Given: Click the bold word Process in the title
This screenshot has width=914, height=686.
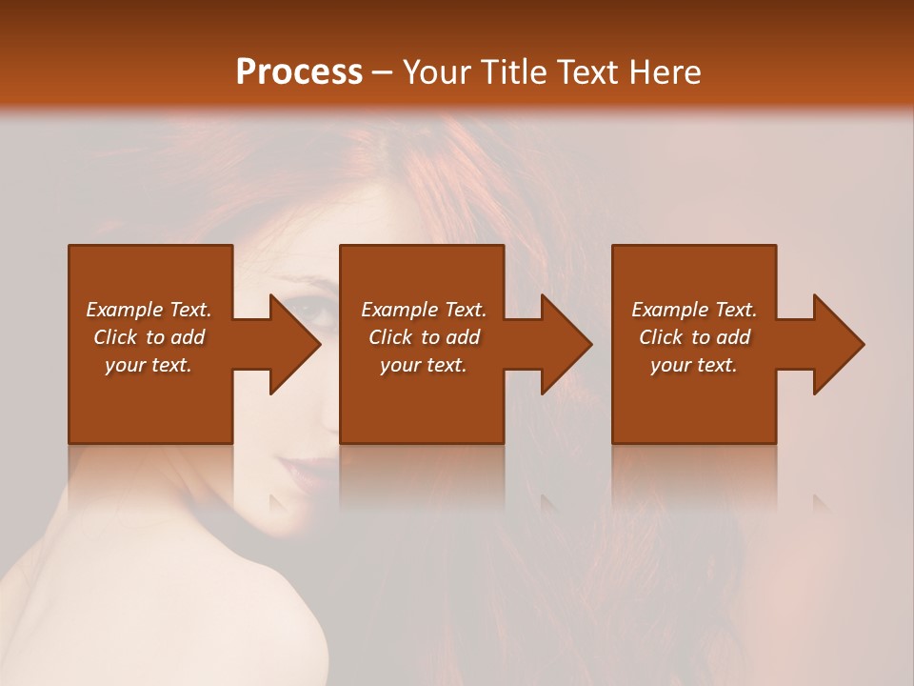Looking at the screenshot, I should [299, 72].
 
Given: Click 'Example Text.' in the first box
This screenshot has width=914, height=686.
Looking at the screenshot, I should [149, 310].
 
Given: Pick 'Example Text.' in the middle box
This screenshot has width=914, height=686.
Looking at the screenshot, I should [424, 310].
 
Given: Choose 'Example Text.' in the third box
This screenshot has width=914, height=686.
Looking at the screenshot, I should [694, 310].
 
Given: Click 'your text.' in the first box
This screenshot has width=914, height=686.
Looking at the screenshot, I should [149, 365].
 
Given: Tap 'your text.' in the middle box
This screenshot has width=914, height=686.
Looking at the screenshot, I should [424, 365].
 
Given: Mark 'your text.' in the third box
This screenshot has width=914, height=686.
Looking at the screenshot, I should [694, 365].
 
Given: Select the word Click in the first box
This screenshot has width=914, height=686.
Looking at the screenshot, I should [115, 337].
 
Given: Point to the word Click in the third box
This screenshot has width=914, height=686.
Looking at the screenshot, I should [662, 337].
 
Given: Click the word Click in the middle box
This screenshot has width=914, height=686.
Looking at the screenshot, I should [391, 337].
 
